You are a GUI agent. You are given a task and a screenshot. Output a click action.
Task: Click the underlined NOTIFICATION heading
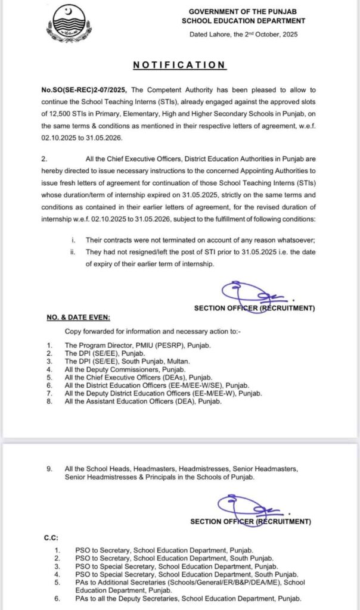[x=179, y=65]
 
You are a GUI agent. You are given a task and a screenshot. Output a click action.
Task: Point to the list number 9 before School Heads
[x=51, y=469]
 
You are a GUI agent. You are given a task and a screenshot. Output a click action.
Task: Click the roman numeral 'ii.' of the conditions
[x=73, y=253]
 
